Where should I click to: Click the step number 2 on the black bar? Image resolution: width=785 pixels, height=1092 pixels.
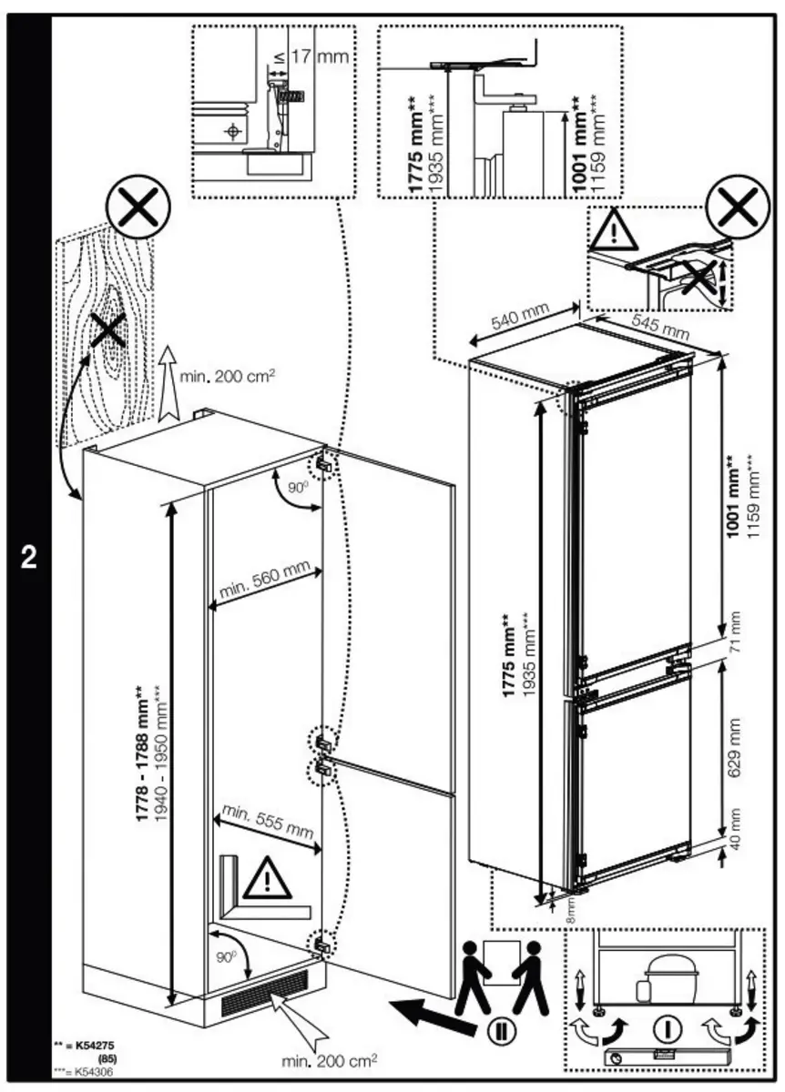29,558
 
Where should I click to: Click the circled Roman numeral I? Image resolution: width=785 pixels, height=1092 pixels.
669,1028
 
